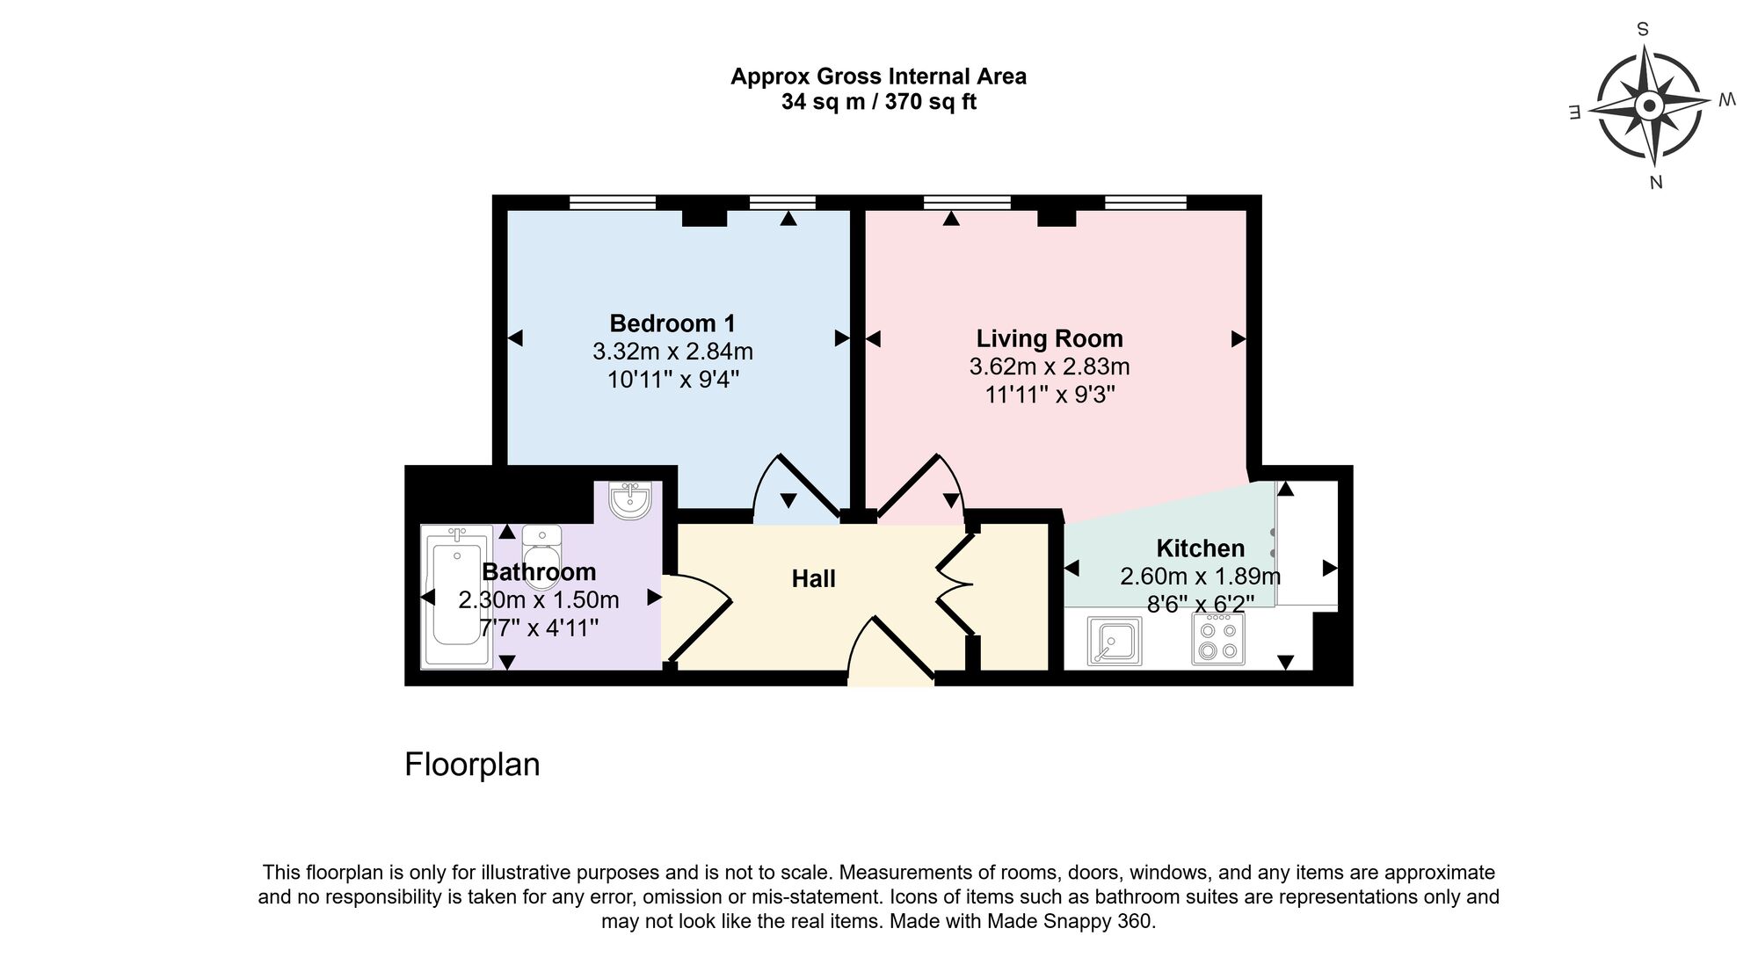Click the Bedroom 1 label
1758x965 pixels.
click(672, 323)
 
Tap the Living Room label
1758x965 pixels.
click(1050, 338)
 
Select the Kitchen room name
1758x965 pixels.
click(1200, 548)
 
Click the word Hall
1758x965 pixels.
click(813, 579)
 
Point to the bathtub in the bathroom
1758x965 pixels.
click(456, 598)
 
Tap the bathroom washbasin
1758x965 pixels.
click(630, 501)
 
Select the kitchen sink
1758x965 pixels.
click(1114, 640)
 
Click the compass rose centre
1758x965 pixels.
click(1649, 107)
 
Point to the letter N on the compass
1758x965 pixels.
click(1656, 182)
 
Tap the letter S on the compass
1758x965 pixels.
click(1642, 29)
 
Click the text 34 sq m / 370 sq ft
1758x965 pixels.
click(878, 102)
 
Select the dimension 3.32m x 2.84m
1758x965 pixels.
click(672, 352)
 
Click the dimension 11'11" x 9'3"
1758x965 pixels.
click(1050, 395)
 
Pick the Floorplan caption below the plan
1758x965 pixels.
click(472, 765)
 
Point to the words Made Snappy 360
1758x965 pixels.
click(1067, 922)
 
